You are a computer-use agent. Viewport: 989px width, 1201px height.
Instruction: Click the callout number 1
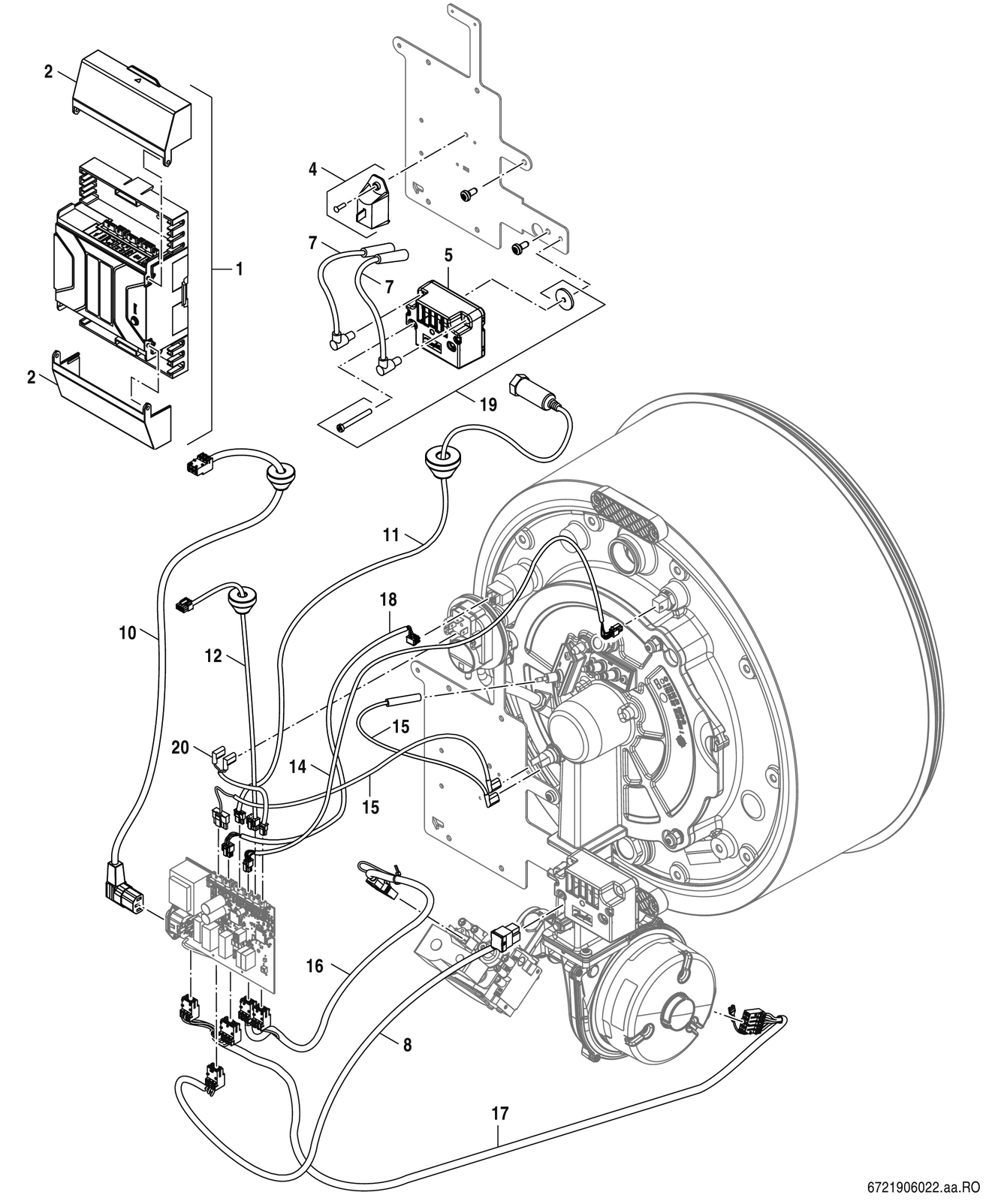(240, 269)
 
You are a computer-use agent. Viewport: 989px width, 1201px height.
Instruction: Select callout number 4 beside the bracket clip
(312, 169)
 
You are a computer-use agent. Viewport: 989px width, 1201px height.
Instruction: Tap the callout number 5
(449, 256)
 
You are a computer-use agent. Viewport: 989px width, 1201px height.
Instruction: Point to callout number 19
(488, 405)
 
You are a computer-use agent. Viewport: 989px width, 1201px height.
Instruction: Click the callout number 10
(128, 633)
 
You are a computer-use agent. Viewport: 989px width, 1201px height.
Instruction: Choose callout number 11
(390, 535)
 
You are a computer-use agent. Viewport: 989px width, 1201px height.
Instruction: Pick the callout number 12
(213, 656)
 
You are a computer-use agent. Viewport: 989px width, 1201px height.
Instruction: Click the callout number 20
(180, 747)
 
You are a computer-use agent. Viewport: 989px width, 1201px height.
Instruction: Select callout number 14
(297, 767)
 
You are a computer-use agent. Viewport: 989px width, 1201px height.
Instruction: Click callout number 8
(407, 1044)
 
